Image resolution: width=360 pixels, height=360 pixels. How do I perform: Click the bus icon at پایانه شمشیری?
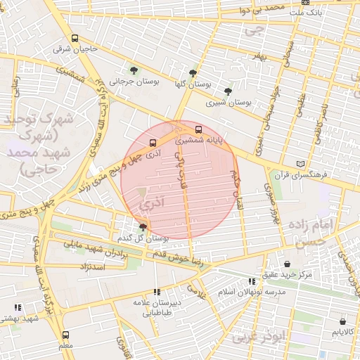point(199,130)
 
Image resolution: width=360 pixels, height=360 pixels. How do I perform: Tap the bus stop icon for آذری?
point(153,143)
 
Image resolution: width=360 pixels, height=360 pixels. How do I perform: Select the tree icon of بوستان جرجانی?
point(134,70)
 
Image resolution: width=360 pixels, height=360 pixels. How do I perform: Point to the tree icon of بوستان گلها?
point(193,72)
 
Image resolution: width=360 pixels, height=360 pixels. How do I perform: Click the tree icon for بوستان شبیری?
point(227,91)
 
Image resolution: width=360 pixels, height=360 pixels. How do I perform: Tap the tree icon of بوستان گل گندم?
point(143,226)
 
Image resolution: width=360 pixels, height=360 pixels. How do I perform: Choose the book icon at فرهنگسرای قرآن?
point(301,163)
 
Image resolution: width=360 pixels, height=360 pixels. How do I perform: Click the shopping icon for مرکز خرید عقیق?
point(287,264)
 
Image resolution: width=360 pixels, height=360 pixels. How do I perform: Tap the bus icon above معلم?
point(66,335)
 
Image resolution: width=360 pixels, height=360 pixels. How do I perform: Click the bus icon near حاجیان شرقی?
point(75,39)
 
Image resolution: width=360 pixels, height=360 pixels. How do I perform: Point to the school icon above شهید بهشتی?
point(18,307)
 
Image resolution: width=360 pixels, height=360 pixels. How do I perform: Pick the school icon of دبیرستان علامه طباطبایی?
point(157,291)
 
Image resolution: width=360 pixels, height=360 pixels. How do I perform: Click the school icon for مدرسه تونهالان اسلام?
point(252,281)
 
